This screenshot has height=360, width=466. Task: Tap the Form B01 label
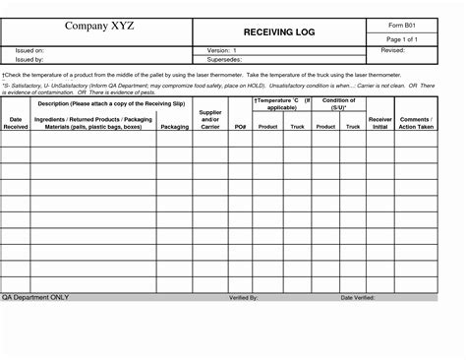[399, 24]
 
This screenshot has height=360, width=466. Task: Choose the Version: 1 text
[223, 49]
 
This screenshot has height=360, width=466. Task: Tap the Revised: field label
[393, 49]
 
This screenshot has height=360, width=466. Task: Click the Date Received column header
[16, 122]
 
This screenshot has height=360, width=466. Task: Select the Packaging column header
[175, 127]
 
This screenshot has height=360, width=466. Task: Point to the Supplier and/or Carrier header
[209, 119]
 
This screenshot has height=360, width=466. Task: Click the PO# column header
[240, 127]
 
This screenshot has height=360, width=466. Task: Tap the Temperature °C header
[282, 104]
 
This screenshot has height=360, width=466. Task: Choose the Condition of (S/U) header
[339, 104]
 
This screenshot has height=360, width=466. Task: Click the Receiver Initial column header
[379, 122]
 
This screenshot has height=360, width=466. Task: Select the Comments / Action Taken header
[416, 122]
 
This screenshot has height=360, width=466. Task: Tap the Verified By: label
[243, 296]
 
